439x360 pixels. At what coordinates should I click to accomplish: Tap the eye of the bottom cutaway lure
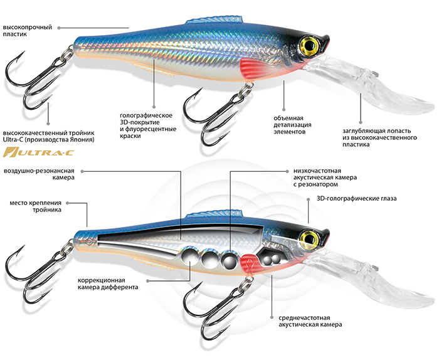click(x=309, y=236)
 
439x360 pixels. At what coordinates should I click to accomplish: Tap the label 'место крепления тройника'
click(x=34, y=208)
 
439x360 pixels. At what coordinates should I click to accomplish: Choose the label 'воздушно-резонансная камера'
click(x=41, y=174)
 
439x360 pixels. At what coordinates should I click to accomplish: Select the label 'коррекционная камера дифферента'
click(x=109, y=283)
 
